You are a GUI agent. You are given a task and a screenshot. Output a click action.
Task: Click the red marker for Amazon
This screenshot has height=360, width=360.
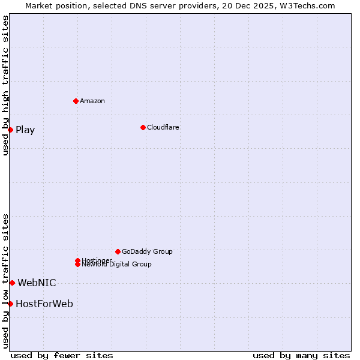tap(76, 101)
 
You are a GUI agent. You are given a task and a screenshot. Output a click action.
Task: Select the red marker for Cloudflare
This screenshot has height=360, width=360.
tap(143, 127)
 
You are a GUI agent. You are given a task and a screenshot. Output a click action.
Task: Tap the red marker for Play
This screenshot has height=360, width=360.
tap(10, 130)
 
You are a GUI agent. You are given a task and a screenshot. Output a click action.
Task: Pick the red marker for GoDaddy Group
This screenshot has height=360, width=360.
tap(118, 251)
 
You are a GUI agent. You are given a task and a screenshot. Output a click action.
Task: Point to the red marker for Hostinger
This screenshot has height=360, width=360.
tap(77, 260)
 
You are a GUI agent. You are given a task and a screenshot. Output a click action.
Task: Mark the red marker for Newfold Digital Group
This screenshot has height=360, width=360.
tap(77, 265)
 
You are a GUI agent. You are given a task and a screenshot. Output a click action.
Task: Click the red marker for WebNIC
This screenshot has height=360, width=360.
tap(12, 283)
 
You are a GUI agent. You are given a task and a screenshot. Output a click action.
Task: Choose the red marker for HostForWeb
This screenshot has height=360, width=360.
tap(10, 304)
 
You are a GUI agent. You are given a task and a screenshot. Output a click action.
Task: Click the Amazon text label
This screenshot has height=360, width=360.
tap(92, 101)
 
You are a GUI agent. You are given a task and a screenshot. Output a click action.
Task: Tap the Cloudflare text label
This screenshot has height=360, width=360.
tap(163, 127)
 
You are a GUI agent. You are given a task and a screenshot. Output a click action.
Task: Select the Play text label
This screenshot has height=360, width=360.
tap(25, 130)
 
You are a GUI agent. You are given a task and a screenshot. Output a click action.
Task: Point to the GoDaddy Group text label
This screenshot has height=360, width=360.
tap(147, 251)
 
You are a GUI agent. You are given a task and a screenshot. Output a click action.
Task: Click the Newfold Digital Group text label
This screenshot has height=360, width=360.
tap(116, 265)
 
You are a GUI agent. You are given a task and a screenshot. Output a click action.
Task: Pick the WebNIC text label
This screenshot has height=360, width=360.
tap(37, 283)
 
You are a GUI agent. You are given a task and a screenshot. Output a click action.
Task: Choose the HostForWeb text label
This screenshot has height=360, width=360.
tap(44, 304)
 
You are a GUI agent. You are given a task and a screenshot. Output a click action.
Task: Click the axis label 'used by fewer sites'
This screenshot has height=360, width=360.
tap(62, 355)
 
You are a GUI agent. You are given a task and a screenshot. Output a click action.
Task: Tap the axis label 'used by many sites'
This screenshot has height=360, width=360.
tap(301, 355)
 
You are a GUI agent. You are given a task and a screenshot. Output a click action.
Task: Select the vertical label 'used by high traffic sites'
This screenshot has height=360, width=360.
tap(5, 85)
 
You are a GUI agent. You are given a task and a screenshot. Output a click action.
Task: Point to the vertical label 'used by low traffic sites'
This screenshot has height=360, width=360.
tap(5, 281)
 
